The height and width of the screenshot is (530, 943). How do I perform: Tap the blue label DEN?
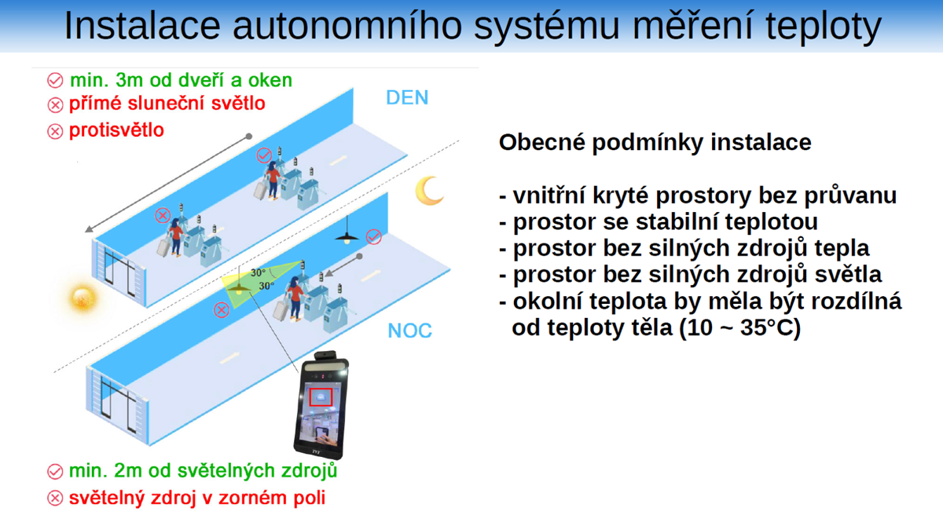(407, 97)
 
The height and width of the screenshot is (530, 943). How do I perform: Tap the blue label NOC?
(409, 330)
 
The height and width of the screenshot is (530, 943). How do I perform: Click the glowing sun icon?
(82, 298)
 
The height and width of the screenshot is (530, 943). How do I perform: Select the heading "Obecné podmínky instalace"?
(655, 142)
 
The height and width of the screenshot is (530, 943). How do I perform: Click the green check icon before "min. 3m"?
(55, 81)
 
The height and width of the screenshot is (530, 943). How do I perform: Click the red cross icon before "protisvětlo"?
(55, 131)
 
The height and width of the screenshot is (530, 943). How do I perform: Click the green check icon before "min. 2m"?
(55, 472)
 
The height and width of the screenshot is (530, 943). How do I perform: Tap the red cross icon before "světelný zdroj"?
(55, 499)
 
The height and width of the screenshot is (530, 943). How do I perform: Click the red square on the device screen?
(321, 397)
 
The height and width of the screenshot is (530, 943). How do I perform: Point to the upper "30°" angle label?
(258, 272)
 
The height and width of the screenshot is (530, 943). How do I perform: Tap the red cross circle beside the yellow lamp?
(222, 310)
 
